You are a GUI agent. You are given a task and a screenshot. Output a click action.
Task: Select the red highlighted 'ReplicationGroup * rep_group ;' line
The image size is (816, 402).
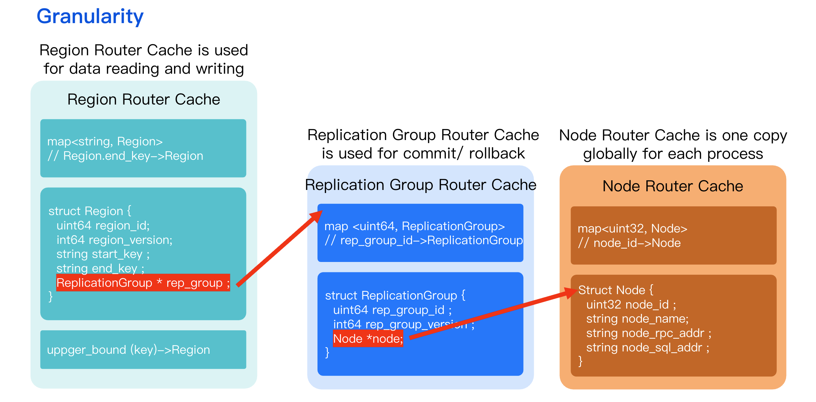143,283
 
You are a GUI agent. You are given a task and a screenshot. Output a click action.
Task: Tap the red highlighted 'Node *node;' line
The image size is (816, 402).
368,339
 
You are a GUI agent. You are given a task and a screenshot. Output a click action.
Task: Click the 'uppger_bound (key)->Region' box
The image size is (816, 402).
143,350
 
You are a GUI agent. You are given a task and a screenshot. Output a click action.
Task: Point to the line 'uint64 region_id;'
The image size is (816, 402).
103,225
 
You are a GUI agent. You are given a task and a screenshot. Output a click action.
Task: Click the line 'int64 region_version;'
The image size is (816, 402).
114,240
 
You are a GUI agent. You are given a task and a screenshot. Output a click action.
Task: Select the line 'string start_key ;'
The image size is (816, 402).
103,254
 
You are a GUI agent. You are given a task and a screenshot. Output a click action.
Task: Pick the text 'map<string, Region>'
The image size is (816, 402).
105,141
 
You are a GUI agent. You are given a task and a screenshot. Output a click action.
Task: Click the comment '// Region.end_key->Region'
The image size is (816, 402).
125,156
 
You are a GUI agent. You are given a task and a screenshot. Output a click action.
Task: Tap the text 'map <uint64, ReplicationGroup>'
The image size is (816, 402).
414,226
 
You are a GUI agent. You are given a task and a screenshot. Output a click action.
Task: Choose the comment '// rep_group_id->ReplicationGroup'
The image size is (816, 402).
424,241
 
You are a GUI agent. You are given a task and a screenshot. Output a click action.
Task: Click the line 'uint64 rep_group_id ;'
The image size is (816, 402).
392,310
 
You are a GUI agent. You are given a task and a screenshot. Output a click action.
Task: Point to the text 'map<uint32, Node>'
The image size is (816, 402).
632,228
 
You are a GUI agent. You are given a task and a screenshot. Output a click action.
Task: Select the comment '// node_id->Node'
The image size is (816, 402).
629,243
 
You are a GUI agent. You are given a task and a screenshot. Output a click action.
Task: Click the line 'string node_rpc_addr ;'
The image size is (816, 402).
649,333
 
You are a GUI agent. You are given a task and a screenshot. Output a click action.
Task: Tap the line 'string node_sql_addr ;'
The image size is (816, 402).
648,347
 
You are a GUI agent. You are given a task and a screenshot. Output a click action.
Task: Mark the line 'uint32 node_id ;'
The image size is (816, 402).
631,305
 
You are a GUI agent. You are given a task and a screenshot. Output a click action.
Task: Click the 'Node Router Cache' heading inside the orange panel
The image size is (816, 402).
673,186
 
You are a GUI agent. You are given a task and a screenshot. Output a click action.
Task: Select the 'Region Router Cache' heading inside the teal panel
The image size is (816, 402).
143,99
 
